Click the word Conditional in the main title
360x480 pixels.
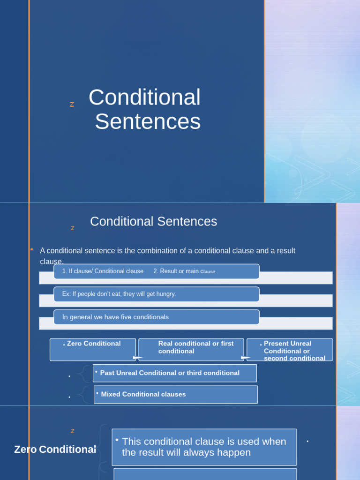(144, 97)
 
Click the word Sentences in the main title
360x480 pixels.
(148, 122)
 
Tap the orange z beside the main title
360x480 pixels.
(72, 105)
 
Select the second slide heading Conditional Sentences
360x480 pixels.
(153, 222)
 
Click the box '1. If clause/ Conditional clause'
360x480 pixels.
(103, 271)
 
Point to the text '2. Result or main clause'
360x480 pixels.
(184, 271)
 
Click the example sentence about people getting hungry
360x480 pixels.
(119, 294)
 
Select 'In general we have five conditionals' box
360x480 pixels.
(115, 317)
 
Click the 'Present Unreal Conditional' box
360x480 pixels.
(290, 350)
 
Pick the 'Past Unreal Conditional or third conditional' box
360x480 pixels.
(174, 373)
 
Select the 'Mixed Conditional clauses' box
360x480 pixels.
(175, 394)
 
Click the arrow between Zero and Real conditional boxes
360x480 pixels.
(138, 358)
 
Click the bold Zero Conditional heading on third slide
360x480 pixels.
(55, 450)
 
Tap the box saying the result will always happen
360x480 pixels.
(204, 447)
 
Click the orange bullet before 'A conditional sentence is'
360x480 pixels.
(31, 249)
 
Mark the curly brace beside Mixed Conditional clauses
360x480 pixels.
(83, 394)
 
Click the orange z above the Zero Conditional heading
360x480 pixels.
(72, 431)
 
